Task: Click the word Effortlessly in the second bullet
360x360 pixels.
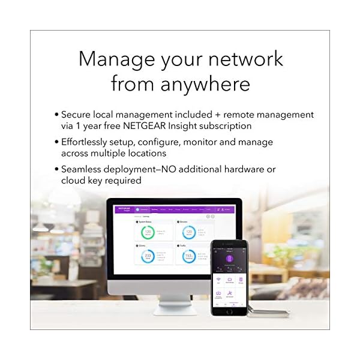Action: tap(89, 142)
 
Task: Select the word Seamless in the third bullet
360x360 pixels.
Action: tap(84, 169)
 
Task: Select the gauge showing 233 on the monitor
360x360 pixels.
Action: tap(147, 256)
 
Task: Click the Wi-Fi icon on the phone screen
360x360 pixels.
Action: tap(219, 280)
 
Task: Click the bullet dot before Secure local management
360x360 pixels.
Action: tap(57, 114)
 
